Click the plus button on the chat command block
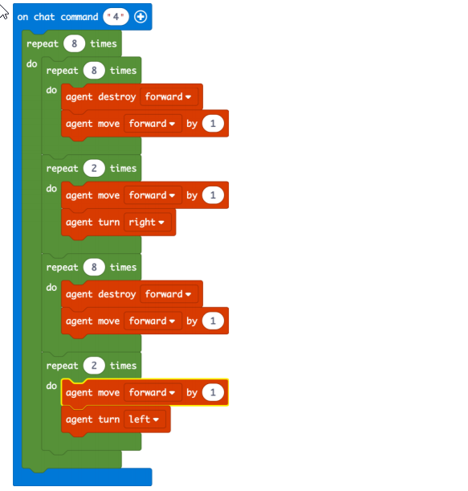click(140, 17)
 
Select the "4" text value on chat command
click(116, 17)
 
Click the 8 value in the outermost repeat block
click(74, 43)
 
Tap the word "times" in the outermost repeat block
click(104, 43)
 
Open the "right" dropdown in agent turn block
click(148, 223)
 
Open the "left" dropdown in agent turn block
click(144, 419)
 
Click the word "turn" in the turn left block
click(109, 419)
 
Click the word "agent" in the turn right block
click(79, 223)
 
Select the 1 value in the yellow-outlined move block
click(213, 392)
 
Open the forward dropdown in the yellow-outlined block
click(153, 392)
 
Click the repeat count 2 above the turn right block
click(94, 168)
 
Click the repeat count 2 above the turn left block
click(94, 366)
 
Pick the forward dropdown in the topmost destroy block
click(169, 96)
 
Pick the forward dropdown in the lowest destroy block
click(169, 294)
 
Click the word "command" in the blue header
click(79, 17)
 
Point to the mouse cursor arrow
click(3, 11)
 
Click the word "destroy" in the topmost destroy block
click(117, 97)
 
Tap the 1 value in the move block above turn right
click(213, 195)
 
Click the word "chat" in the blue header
click(44, 17)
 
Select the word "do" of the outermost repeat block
click(31, 63)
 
